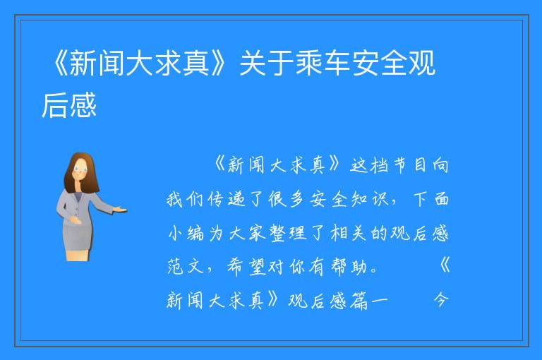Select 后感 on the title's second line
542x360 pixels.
pos(69,105)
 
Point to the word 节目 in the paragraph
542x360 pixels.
pos(410,165)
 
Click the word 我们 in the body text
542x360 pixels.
pos(185,199)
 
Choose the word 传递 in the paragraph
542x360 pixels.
pos(227,199)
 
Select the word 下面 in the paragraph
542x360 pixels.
pos(431,199)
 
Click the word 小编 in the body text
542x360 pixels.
pos(186,233)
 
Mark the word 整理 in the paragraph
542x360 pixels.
pos(288,233)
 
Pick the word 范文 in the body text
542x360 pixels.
pos(186,267)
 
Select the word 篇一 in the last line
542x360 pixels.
pos(368,300)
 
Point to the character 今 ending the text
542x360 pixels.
pos(441,300)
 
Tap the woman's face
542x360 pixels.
pos(80,171)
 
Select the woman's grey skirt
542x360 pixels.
pos(77,236)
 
